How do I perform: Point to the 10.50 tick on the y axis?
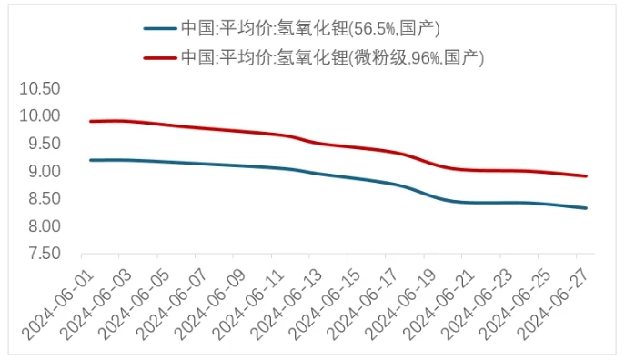tap(41, 89)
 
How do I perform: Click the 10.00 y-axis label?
tap(41, 116)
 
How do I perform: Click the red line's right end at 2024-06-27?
tap(586, 176)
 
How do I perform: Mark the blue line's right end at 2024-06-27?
tap(586, 208)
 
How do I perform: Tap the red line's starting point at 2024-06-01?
tap(90, 121)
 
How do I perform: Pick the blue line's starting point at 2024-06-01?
tap(90, 160)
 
